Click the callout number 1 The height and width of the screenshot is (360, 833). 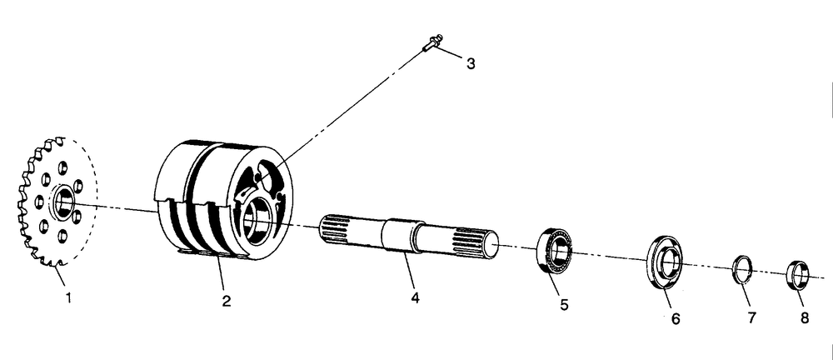pos(69,296)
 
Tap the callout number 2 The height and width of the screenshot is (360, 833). pos(226,300)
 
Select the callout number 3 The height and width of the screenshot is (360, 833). pos(471,64)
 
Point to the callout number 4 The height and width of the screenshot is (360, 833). pos(415,297)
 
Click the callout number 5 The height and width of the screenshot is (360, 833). pos(564,305)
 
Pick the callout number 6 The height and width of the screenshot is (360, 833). pos(676,317)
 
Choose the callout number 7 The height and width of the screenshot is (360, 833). pos(751,317)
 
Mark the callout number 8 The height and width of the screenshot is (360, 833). pos(804,317)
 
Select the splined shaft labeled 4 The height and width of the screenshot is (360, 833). pos(408,237)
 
